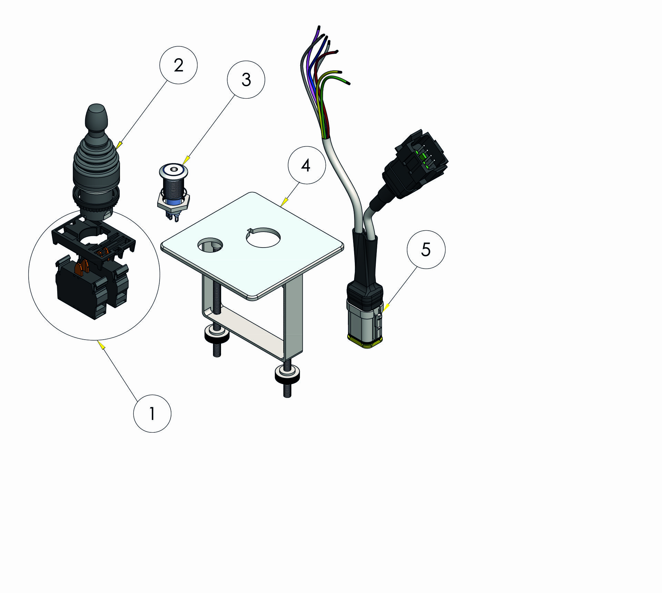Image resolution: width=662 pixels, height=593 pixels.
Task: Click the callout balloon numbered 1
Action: (152, 413)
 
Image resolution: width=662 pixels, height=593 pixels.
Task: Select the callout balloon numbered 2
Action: (178, 65)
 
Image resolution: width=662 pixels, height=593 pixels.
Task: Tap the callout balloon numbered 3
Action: (246, 80)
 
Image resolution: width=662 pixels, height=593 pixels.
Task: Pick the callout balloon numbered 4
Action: (307, 165)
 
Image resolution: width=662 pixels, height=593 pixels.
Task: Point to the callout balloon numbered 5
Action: (426, 250)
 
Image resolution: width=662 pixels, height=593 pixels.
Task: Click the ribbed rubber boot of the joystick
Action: (96, 165)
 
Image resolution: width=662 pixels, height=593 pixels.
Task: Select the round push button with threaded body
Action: (173, 183)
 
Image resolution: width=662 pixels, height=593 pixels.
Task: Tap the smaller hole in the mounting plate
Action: (210, 245)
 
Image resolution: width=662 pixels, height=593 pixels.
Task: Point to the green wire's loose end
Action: (348, 83)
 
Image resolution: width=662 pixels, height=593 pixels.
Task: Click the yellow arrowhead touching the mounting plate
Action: (285, 202)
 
